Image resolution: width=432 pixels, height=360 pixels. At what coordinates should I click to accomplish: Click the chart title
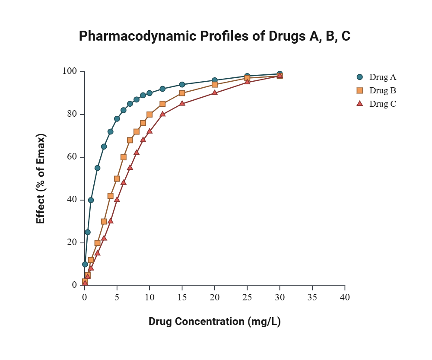click(214, 36)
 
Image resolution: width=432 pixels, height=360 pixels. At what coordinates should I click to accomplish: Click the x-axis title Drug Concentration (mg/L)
click(215, 322)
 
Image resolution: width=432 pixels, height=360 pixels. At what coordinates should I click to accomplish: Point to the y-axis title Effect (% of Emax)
click(41, 178)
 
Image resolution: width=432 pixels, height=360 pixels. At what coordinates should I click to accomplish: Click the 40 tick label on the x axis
click(345, 297)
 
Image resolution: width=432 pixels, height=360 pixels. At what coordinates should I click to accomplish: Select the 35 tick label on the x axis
click(312, 297)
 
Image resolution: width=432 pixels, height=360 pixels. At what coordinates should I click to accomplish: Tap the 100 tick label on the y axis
click(70, 71)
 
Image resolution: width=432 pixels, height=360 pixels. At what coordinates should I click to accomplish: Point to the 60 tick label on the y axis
click(72, 157)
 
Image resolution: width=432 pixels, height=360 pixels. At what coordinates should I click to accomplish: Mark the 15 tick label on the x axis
click(182, 297)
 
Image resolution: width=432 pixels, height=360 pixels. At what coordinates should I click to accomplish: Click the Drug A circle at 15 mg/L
click(182, 85)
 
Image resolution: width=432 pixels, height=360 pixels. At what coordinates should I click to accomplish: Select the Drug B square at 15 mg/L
click(182, 93)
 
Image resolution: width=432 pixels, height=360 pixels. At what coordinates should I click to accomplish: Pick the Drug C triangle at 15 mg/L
click(182, 103)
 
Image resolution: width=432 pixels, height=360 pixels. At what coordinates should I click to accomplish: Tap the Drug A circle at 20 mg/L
click(215, 80)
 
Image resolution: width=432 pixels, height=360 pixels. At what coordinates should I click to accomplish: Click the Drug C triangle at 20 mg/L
click(215, 92)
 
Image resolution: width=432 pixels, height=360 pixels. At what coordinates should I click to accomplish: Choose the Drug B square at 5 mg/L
click(117, 178)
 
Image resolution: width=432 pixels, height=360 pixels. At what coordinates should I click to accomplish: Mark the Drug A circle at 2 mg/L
click(97, 168)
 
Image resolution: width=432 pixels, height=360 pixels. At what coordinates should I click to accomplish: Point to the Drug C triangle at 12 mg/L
click(162, 114)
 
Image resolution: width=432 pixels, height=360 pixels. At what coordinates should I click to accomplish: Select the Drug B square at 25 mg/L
click(247, 78)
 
